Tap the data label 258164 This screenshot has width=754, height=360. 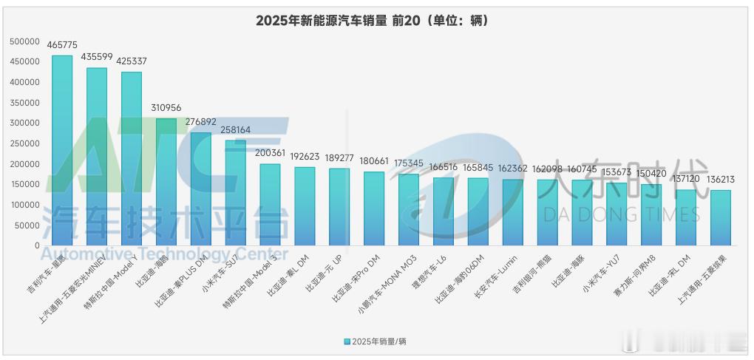235,130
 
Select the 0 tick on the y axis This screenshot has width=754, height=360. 36,245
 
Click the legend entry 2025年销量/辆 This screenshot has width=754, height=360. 377,341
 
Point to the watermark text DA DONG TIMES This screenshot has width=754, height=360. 622,215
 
